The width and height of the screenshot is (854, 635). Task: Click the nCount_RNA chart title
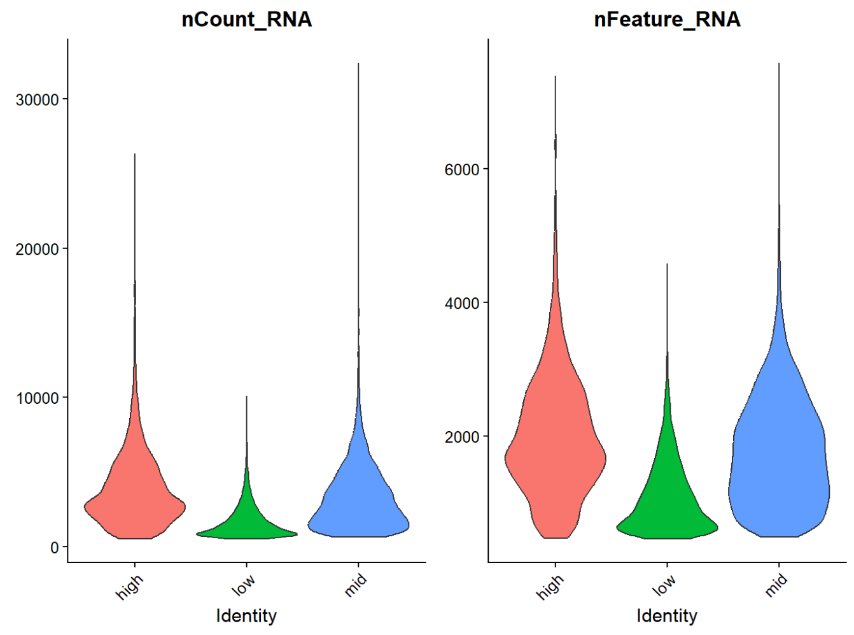(246, 20)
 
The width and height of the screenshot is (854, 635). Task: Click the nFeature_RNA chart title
(667, 20)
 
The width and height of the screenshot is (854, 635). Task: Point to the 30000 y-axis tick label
(38, 100)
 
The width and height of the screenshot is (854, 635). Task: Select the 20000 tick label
(38, 249)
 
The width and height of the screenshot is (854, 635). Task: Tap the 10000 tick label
(38, 398)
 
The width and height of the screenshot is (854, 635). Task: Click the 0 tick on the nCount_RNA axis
(55, 547)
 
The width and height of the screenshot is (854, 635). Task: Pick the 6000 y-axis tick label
(462, 169)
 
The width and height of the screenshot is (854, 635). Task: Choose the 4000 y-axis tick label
(462, 303)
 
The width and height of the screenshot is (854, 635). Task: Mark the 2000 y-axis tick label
(462, 437)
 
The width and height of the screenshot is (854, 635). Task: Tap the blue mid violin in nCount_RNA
(358, 503)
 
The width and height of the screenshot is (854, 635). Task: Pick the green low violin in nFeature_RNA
(667, 503)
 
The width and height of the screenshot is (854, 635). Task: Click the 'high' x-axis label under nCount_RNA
(130, 587)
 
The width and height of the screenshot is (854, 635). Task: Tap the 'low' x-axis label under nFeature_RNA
(663, 585)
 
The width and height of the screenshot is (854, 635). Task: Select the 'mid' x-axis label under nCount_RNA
(356, 585)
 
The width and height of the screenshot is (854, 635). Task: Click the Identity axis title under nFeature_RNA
(667, 616)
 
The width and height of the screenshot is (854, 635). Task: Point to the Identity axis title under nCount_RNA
(246, 616)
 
